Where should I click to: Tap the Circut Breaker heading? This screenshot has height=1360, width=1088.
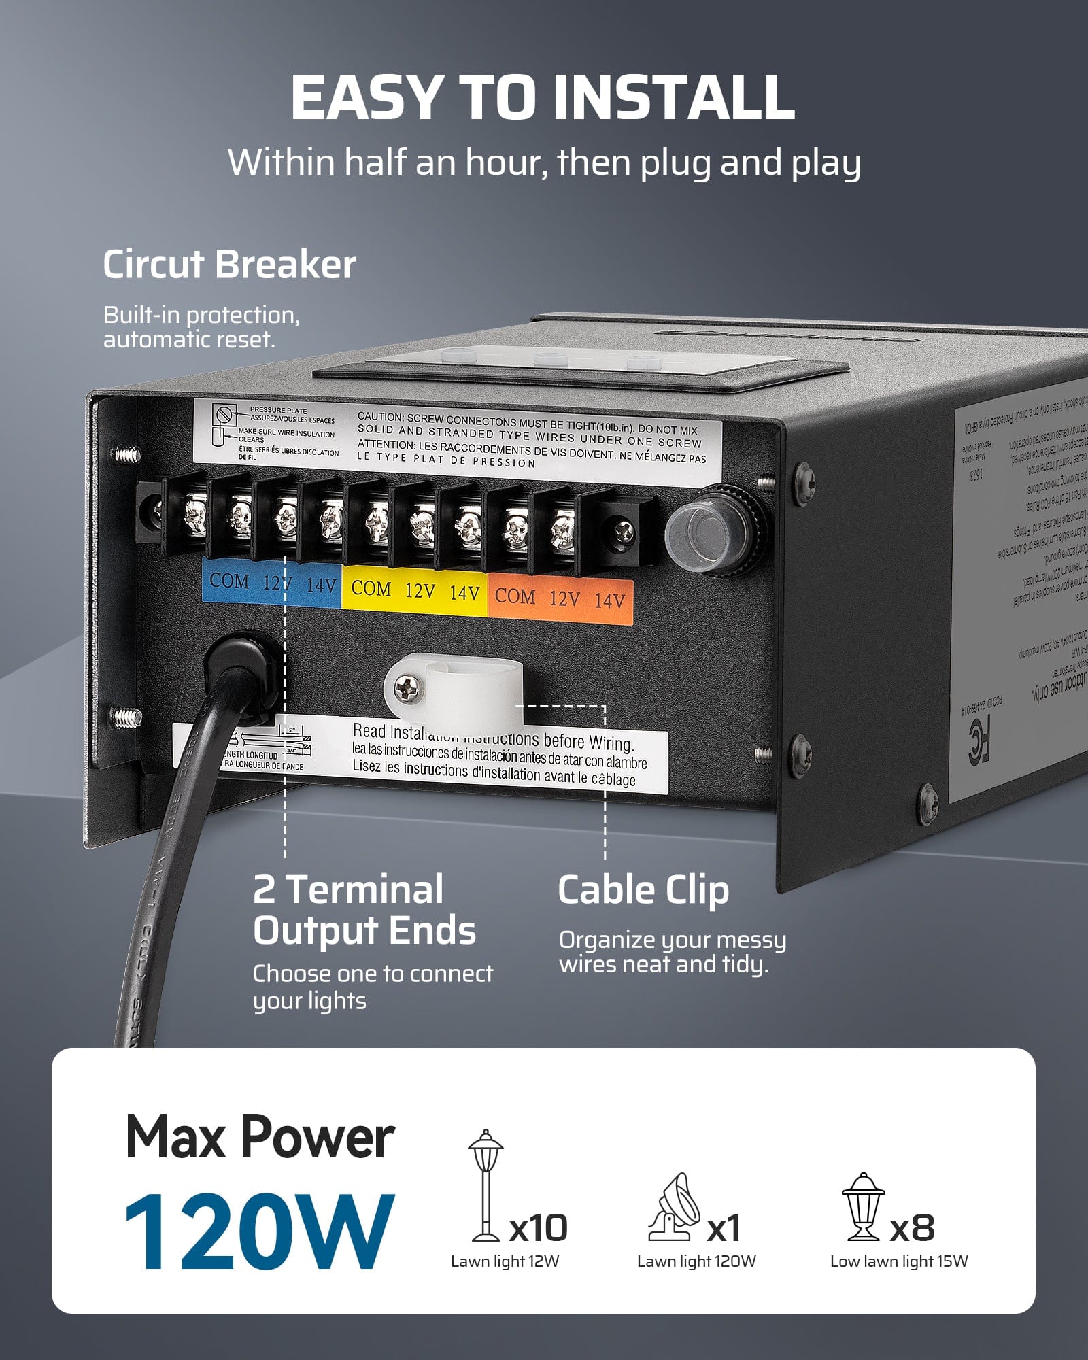(229, 265)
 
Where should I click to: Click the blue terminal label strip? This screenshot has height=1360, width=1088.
(272, 583)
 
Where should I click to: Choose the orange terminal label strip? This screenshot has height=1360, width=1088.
(560, 599)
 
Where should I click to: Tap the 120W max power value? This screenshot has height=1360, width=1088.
(258, 1232)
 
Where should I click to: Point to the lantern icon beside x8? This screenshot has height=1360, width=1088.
(863, 1206)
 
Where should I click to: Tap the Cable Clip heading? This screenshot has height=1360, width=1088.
(643, 890)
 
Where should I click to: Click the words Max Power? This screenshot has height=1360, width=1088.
(260, 1138)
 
